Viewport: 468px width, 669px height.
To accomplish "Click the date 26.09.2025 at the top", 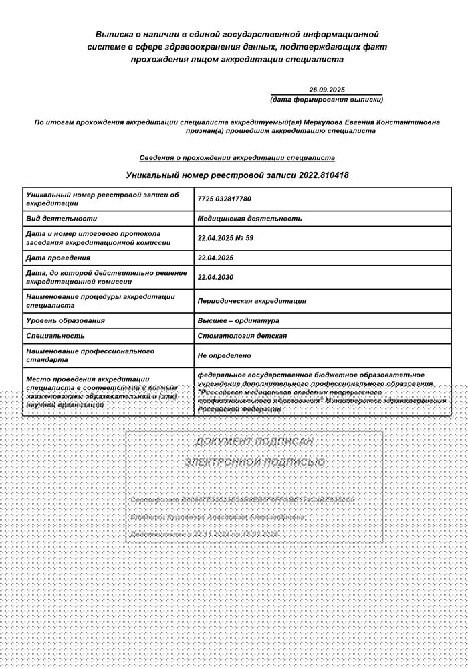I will pyautogui.click(x=326, y=90).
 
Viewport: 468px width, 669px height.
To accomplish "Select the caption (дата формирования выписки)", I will pyautogui.click(x=326, y=100).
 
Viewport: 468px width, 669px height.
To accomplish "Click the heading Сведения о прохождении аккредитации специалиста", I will pyautogui.click(x=237, y=158).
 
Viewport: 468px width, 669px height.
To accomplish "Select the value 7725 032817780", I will pyautogui.click(x=225, y=199).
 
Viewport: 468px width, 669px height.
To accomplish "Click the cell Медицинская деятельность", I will pyautogui.click(x=249, y=218).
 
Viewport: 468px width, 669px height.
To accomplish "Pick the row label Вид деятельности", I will pyautogui.click(x=62, y=218).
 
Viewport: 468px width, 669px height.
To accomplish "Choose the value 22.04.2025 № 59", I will pyautogui.click(x=225, y=237).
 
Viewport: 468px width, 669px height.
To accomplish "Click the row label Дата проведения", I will pyautogui.click(x=57, y=258).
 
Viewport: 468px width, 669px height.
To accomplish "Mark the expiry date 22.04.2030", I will pyautogui.click(x=215, y=277).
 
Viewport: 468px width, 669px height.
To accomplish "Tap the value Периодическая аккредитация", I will pyautogui.click(x=251, y=301).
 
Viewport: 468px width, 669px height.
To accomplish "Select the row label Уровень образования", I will pyautogui.click(x=66, y=320).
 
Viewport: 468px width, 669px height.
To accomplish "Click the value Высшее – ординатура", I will pyautogui.click(x=238, y=320).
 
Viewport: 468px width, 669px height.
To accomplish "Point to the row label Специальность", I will pyautogui.click(x=55, y=336).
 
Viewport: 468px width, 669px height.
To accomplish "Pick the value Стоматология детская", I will pyautogui.click(x=242, y=336).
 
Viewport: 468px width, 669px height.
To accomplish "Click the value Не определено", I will pyautogui.click(x=224, y=355).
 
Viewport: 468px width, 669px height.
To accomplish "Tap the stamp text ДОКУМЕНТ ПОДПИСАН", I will pyautogui.click(x=254, y=442).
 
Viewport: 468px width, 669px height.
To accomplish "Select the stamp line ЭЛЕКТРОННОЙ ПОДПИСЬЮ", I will pyautogui.click(x=254, y=462).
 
